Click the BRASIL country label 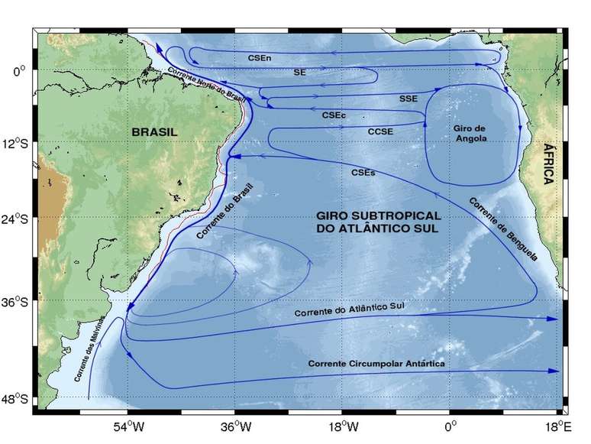pos(154,131)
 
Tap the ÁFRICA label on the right pos(547,164)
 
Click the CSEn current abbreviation pos(260,57)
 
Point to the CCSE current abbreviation pos(380,131)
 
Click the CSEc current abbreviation pos(334,115)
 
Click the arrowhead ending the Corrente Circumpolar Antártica pos(554,370)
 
